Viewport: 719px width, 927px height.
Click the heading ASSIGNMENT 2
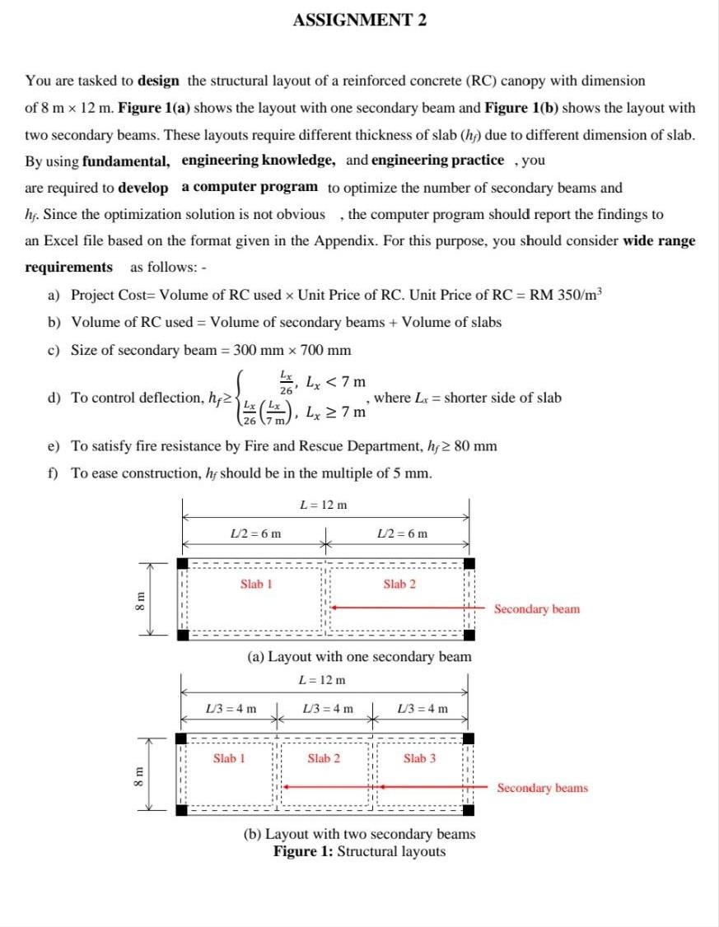click(x=359, y=21)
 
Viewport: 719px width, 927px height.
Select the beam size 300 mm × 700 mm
click(x=292, y=350)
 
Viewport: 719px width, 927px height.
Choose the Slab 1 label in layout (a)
click(x=256, y=584)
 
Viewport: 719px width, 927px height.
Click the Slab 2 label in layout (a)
click(x=399, y=584)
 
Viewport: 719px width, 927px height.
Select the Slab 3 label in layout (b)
click(x=419, y=758)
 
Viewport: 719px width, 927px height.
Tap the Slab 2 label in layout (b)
click(x=324, y=758)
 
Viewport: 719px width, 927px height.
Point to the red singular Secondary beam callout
click(x=536, y=609)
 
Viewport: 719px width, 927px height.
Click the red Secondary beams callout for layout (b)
click(x=542, y=788)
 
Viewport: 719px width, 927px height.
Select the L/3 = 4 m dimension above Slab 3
click(x=423, y=708)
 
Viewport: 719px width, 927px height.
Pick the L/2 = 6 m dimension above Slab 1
click(x=254, y=533)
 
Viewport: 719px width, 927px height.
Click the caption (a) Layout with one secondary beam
click(x=359, y=657)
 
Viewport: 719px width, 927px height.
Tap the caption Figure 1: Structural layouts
click(x=359, y=851)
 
